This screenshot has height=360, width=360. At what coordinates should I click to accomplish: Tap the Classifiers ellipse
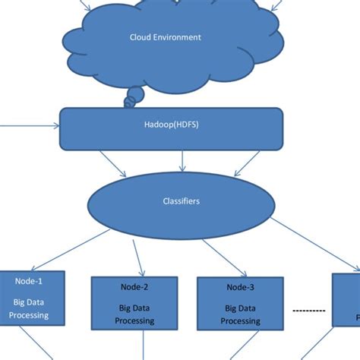(182, 202)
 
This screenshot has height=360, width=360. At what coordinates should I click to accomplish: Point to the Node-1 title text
(30, 280)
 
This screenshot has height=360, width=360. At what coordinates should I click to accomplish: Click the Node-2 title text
(134, 287)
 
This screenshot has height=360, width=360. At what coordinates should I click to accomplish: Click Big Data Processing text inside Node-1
(30, 308)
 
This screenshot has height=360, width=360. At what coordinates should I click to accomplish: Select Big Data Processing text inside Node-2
(134, 314)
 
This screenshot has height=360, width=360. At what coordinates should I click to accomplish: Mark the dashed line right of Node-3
(309, 311)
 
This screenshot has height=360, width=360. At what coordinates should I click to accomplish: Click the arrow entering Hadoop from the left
(30, 126)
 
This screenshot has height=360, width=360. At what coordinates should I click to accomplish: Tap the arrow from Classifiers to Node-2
(139, 257)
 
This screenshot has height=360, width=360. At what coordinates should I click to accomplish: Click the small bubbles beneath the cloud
(134, 96)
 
